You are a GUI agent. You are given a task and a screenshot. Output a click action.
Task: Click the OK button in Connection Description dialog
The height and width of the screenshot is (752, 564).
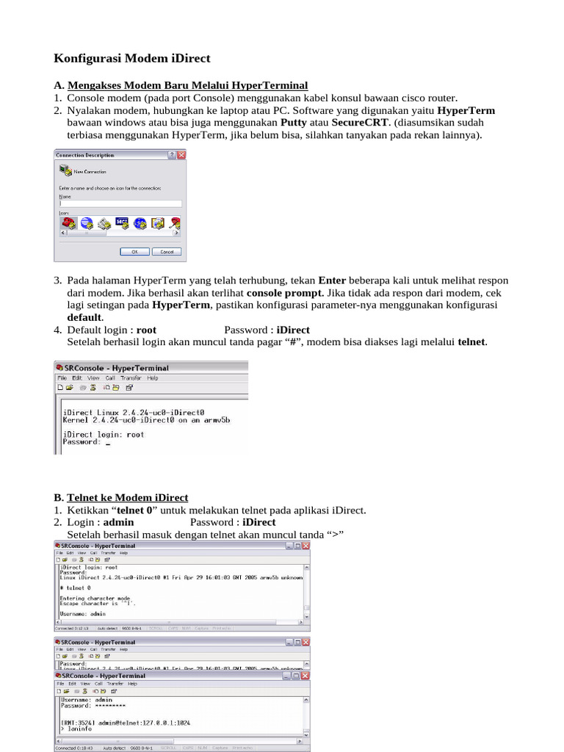[134, 251]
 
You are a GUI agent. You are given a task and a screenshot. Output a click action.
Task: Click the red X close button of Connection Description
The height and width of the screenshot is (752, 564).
[181, 155]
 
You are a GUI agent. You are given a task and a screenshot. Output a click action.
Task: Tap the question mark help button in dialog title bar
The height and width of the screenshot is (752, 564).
[172, 155]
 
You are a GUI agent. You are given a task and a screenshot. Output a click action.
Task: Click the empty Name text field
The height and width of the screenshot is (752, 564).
[120, 203]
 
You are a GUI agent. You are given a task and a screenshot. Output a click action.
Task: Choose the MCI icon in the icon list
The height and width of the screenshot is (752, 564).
[122, 222]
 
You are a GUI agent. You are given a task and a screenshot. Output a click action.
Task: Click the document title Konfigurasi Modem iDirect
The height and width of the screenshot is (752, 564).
[132, 58]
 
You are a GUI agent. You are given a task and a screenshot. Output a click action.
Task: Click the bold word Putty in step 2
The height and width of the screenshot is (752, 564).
[294, 123]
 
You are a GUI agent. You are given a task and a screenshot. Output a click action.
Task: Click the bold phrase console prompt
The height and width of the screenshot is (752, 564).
[285, 292]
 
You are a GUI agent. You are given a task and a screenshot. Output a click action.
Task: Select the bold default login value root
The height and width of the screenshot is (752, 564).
[146, 330]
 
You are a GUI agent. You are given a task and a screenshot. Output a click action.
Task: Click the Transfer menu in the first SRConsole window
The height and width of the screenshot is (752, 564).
[131, 378]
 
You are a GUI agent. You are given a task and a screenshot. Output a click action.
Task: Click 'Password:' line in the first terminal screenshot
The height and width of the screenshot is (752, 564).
[80, 442]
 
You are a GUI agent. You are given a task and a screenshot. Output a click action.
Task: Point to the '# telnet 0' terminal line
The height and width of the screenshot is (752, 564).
[75, 588]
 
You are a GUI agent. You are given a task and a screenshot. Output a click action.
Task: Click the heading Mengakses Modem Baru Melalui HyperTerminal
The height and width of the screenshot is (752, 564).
[187, 85]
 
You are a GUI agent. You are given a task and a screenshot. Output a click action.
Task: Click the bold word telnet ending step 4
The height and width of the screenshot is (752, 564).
[471, 341]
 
